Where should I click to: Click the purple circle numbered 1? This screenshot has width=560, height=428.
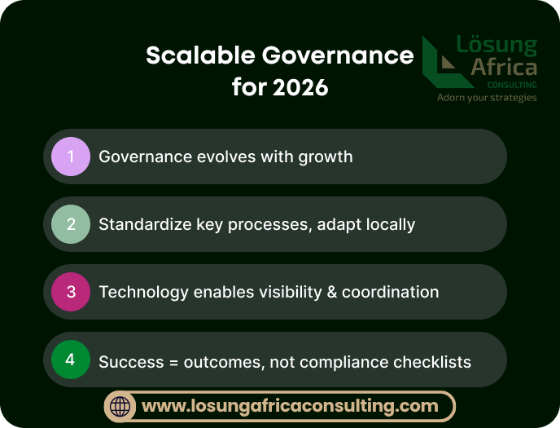[71, 157]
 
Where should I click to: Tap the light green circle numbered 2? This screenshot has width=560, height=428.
[71, 224]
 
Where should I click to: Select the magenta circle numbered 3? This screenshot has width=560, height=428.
[71, 292]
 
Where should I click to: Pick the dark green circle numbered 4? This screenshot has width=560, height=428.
[71, 360]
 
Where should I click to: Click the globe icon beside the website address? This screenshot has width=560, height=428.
[120, 406]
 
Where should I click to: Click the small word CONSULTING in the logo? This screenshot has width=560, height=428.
[512, 84]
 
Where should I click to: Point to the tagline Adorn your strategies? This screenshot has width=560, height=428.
[487, 98]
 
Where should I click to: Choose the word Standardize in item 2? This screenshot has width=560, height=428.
[145, 224]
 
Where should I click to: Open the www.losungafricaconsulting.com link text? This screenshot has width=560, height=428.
[290, 406]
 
